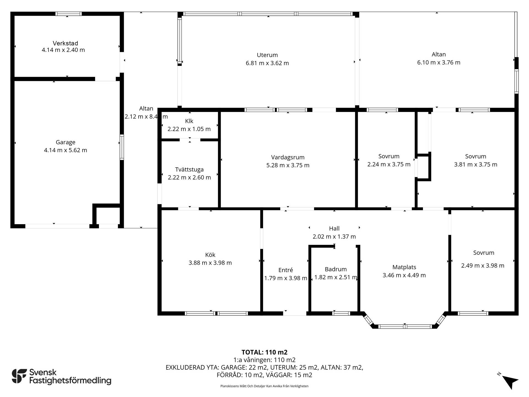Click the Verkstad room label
[65, 43]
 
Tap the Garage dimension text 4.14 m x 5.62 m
[66, 150]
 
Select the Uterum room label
[267, 55]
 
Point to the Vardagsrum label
[288, 157]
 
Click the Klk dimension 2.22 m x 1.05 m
[189, 129]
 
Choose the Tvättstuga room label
[189, 170]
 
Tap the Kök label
[210, 255]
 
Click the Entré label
[286, 270]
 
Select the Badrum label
[336, 269]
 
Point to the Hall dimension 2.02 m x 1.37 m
[334, 237]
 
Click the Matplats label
[404, 267]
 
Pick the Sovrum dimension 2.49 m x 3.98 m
[483, 266]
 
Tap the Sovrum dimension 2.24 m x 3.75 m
[389, 165]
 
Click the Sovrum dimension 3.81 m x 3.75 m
[476, 165]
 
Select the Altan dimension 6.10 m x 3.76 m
[439, 63]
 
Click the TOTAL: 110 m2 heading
[264, 352]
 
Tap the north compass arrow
[510, 382]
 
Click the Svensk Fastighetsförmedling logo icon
[19, 376]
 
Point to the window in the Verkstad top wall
[69, 14]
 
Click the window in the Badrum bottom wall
[341, 313]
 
